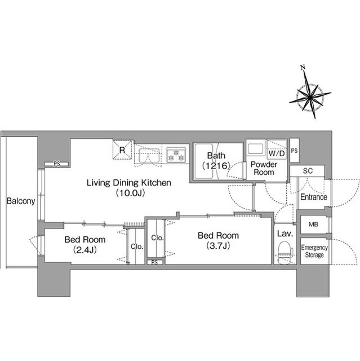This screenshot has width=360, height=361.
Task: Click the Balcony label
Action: [x=21, y=201]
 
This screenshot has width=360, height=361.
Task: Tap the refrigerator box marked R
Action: [x=122, y=149]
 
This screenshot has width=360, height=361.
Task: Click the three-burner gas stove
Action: [x=176, y=155]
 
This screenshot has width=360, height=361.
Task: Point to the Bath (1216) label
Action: [x=216, y=160]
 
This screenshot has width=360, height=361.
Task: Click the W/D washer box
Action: [x=277, y=149]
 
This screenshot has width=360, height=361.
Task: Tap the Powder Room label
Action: [x=264, y=168]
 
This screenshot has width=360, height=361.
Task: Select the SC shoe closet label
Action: [x=308, y=171]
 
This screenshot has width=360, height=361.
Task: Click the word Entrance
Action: [x=314, y=197]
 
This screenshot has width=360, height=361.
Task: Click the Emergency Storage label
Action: [x=314, y=251]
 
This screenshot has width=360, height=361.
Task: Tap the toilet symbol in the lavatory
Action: [x=285, y=253]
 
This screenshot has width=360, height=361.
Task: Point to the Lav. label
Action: [x=285, y=234]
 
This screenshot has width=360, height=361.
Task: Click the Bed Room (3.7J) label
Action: [x=218, y=241]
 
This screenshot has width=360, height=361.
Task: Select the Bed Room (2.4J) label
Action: [x=85, y=244]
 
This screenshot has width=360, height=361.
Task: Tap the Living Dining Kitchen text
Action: [x=129, y=183]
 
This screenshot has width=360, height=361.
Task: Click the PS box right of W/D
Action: [x=294, y=150]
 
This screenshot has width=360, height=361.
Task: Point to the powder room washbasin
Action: [x=255, y=148]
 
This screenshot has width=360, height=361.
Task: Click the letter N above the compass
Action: [x=303, y=68]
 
